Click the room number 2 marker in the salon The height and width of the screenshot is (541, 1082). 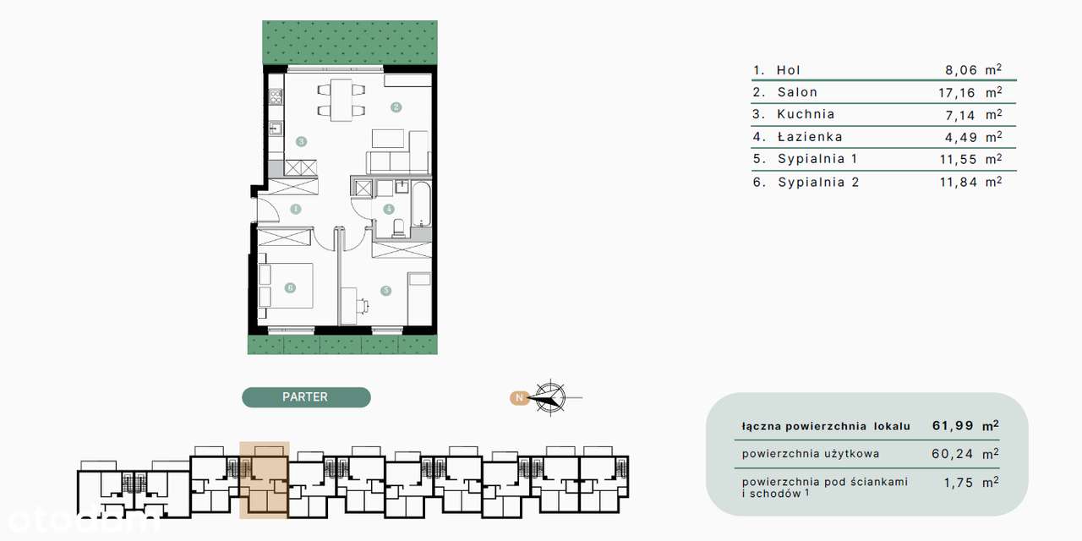pyautogui.click(x=396, y=107)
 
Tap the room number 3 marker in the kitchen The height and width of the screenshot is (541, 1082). pyautogui.click(x=302, y=141)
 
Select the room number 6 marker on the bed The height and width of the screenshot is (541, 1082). pyautogui.click(x=290, y=288)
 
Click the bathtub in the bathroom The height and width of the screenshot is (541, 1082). pyautogui.click(x=422, y=205)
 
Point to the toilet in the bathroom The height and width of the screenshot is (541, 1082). pyautogui.click(x=398, y=228)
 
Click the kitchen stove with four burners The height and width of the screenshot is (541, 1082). pyautogui.click(x=276, y=96)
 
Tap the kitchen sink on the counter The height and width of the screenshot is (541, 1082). pyautogui.click(x=276, y=128)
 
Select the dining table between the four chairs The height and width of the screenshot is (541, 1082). pyautogui.click(x=341, y=100)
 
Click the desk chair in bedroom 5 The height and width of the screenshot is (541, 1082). pyautogui.click(x=363, y=306)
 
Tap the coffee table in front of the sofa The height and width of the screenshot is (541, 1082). pyautogui.click(x=388, y=138)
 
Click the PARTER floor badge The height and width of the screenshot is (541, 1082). pyautogui.click(x=306, y=397)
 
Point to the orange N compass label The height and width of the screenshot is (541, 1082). pyautogui.click(x=519, y=397)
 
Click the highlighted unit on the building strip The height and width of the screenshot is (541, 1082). pyautogui.click(x=265, y=479)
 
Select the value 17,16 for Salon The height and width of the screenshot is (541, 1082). pyautogui.click(x=957, y=93)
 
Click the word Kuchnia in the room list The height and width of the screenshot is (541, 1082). pyautogui.click(x=806, y=114)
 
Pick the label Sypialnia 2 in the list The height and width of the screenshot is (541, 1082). pyautogui.click(x=819, y=182)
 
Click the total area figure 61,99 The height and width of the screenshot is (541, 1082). pyautogui.click(x=953, y=425)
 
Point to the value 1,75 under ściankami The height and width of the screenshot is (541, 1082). pyautogui.click(x=959, y=483)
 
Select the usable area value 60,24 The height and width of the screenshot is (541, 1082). pyautogui.click(x=953, y=454)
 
